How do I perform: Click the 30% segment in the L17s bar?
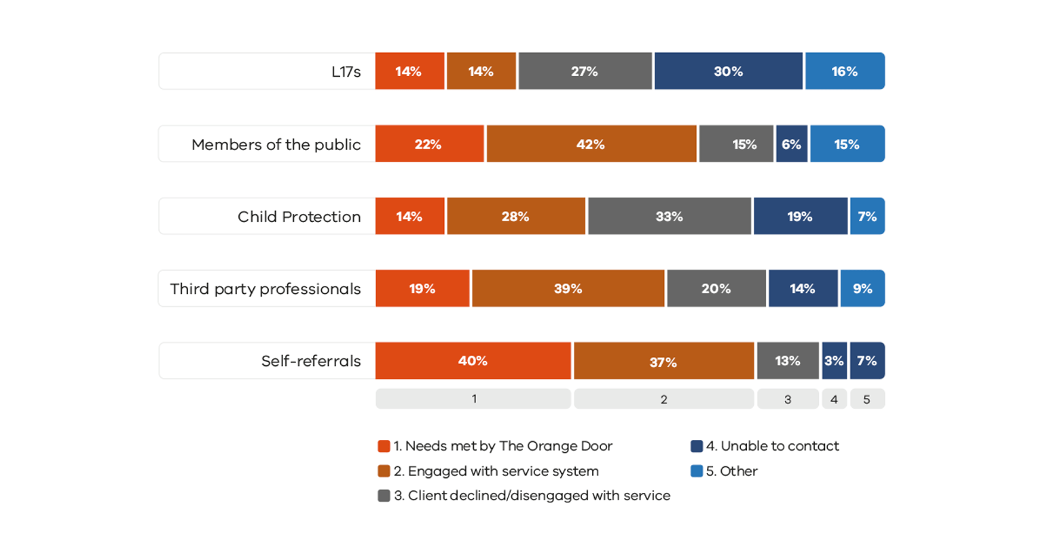(x=728, y=71)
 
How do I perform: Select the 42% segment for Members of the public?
(x=591, y=144)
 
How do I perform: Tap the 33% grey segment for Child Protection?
(x=669, y=217)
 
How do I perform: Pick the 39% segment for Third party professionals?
(x=568, y=289)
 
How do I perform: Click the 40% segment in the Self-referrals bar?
(x=473, y=360)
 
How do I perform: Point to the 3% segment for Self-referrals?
(x=834, y=360)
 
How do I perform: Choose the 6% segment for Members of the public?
(x=791, y=144)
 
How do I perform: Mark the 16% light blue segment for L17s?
(x=845, y=71)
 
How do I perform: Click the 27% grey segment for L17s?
(x=585, y=71)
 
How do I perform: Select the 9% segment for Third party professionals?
(x=862, y=289)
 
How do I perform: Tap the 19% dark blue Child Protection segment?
(x=800, y=217)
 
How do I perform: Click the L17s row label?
(x=346, y=72)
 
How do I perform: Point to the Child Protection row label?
(x=299, y=217)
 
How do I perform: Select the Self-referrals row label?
(x=310, y=361)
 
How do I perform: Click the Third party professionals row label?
(x=265, y=289)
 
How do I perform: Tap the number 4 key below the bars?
(x=834, y=399)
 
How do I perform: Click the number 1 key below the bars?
(x=473, y=399)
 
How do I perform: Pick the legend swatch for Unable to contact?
(x=696, y=446)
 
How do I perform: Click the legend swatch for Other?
(x=696, y=471)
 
